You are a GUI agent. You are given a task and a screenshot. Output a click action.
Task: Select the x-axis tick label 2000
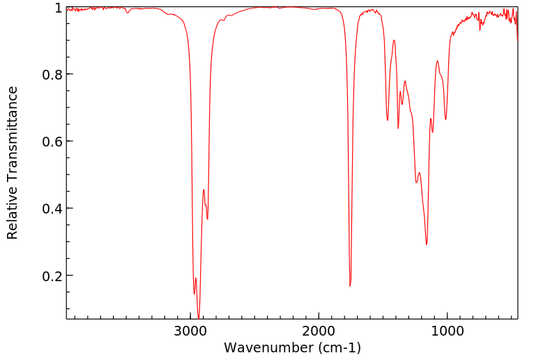tap(319, 330)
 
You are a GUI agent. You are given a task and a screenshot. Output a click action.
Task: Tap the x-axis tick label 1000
tap(446, 330)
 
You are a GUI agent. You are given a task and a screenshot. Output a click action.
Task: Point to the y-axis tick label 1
tap(58, 8)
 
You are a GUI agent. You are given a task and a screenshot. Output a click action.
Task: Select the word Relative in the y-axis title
tap(13, 209)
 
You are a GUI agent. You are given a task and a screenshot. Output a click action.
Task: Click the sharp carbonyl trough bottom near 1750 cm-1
tap(350, 285)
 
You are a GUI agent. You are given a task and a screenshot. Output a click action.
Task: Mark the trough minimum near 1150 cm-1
tap(427, 244)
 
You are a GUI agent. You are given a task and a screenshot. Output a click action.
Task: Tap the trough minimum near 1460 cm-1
tap(388, 120)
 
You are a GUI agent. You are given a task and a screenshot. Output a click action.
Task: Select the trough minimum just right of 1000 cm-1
tap(445, 119)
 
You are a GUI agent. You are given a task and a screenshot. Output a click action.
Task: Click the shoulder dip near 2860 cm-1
tap(207, 219)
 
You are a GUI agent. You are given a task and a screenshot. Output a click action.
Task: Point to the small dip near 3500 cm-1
tap(128, 13)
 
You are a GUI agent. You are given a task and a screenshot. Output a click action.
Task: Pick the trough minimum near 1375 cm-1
tap(398, 128)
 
